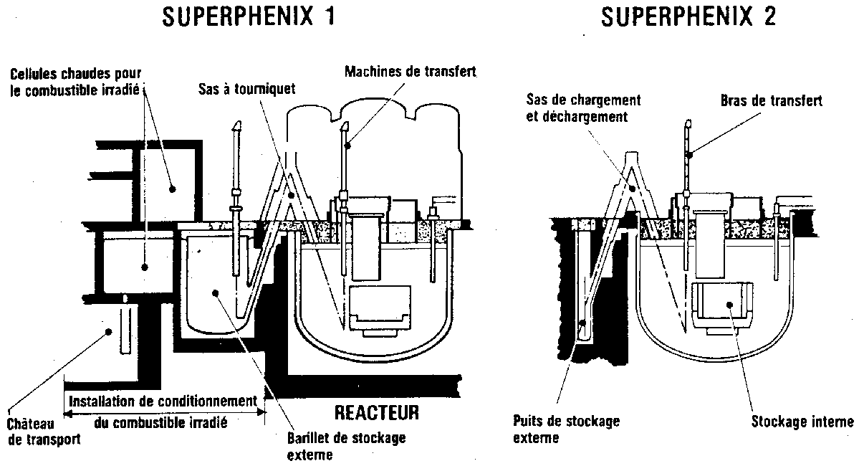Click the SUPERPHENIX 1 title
coord(248,17)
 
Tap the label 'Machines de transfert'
coord(410,72)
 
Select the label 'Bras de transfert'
coord(770,101)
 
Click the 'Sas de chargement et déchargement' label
coord(583,108)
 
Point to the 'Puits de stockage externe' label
coord(566,428)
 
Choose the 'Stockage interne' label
coord(802,421)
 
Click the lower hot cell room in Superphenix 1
coord(136,265)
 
